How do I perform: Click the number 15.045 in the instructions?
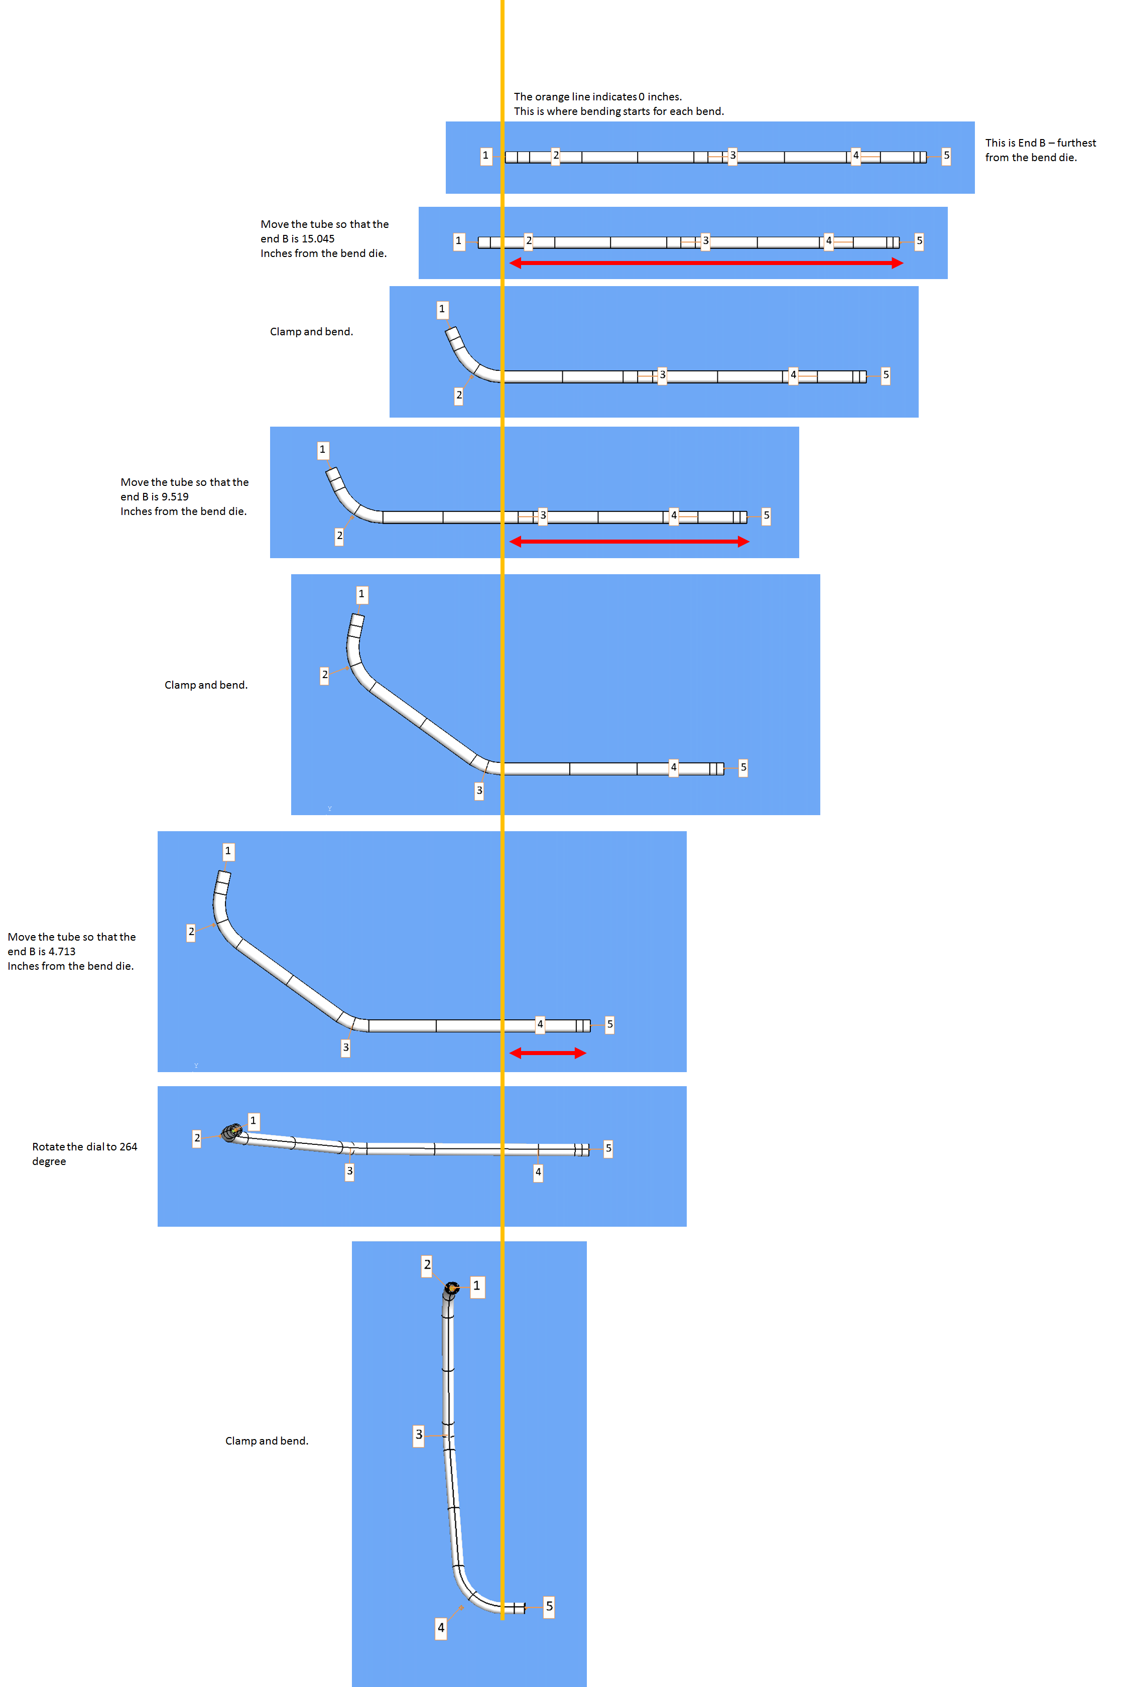pos(318,239)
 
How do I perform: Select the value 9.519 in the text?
pos(175,496)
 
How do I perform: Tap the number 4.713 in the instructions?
pos(62,952)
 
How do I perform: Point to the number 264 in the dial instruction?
pos(128,1147)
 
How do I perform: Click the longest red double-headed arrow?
pos(706,264)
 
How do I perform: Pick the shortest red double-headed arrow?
pos(547,1053)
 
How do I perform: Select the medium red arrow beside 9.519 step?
pos(629,542)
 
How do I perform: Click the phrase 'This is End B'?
pos(1015,143)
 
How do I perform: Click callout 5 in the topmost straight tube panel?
pos(946,155)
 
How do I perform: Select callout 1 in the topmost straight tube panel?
pos(486,155)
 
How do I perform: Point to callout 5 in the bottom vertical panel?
pos(549,1606)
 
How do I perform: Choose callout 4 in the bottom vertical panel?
pos(441,1628)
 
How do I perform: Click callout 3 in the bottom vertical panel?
pos(419,1435)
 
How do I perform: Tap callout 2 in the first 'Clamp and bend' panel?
pos(459,395)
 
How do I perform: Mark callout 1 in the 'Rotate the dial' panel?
pos(253,1120)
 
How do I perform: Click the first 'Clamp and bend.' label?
pos(311,332)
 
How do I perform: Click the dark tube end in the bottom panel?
pos(451,1288)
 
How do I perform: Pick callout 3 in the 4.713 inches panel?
pos(345,1048)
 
